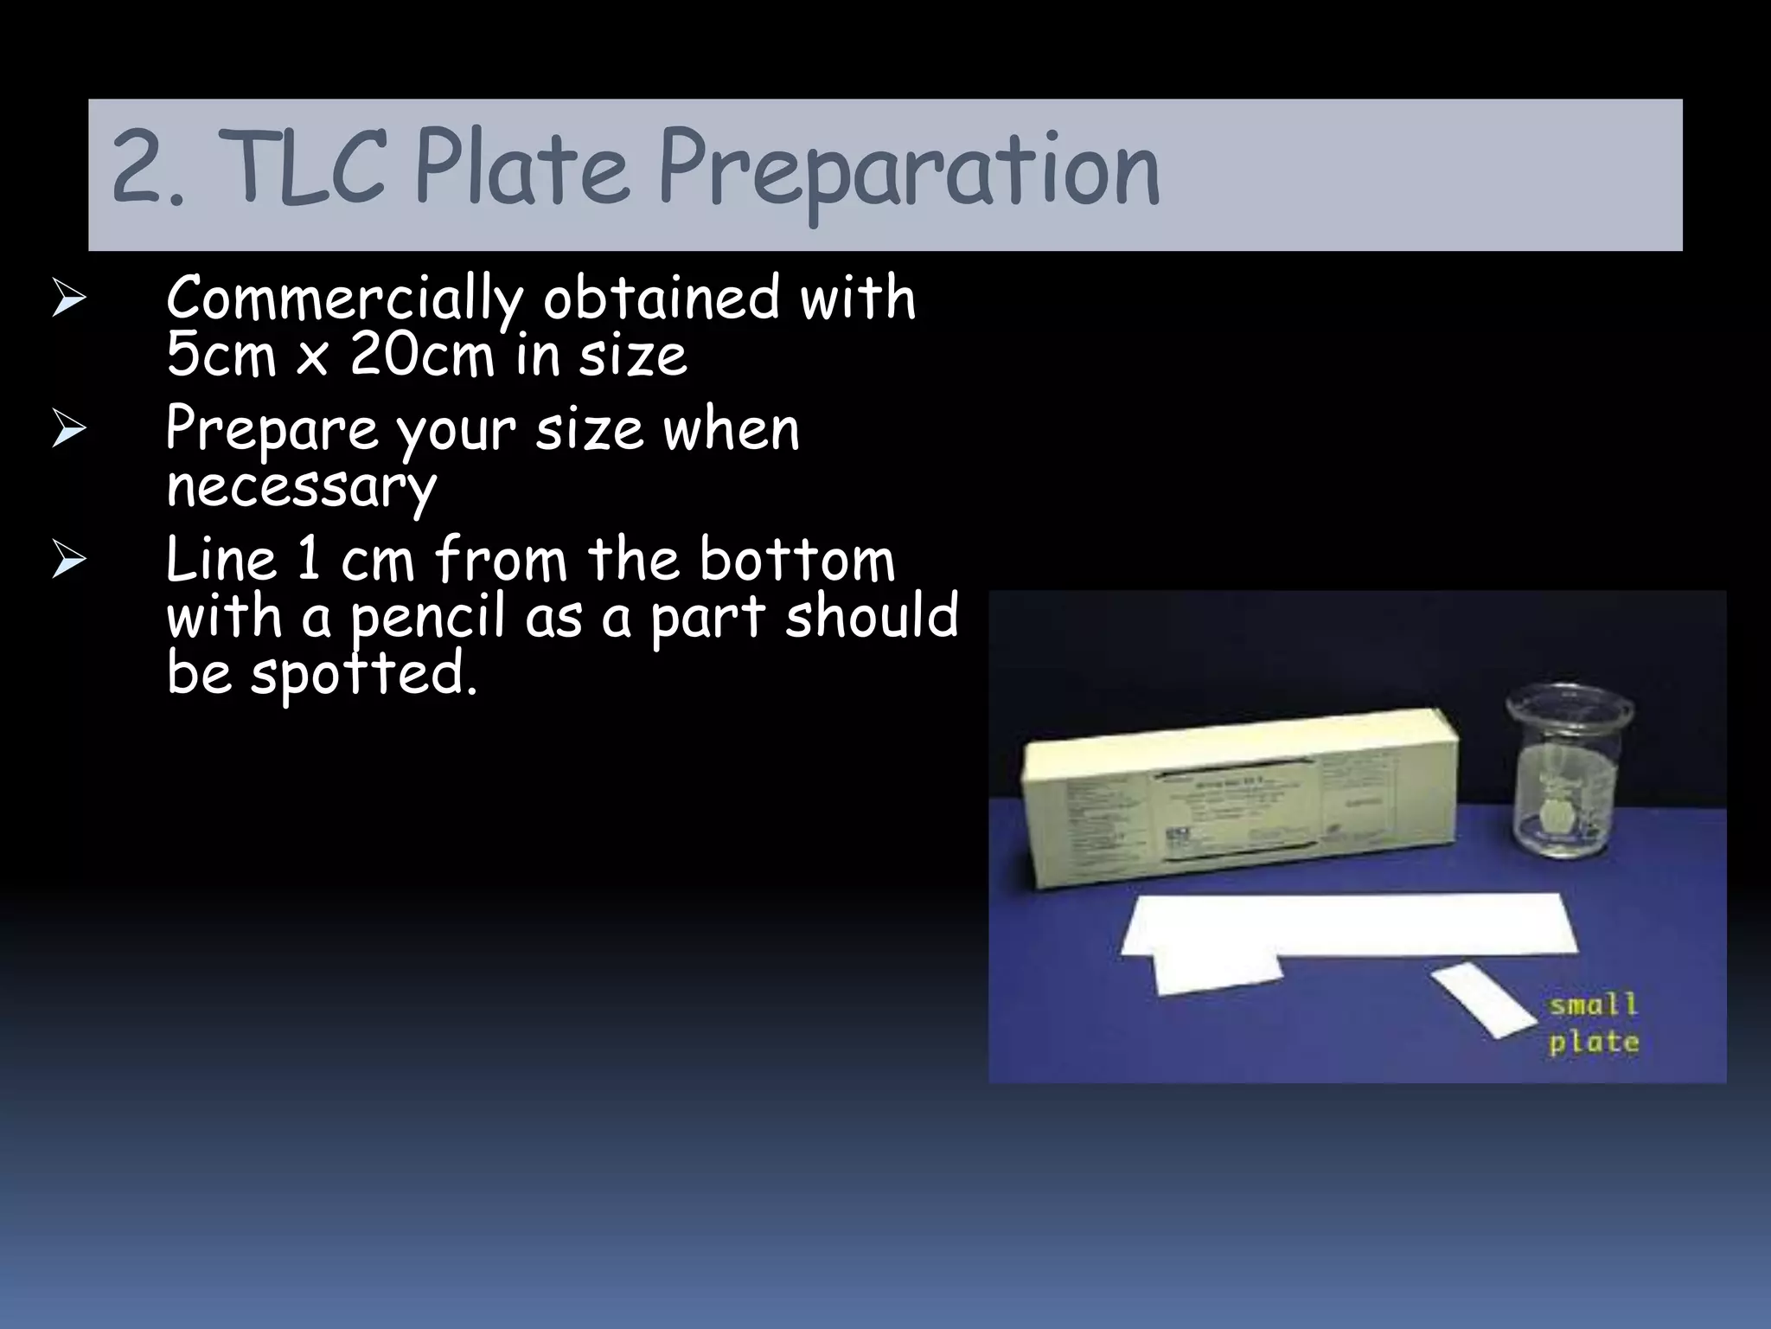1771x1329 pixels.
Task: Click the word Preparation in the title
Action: click(x=908, y=169)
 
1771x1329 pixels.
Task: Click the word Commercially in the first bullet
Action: click(x=344, y=299)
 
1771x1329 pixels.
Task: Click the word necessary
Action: click(x=301, y=487)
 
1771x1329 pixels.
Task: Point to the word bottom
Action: click(x=796, y=560)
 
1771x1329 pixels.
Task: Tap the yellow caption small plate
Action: click(x=1593, y=1024)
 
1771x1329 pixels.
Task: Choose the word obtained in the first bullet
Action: click(x=661, y=299)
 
